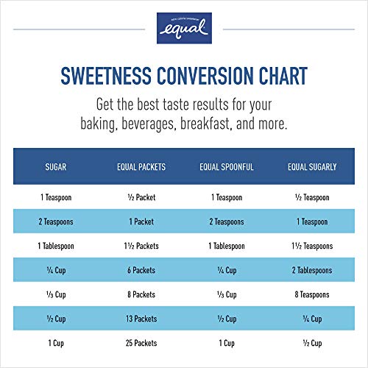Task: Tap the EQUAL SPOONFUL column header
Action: pyautogui.click(x=226, y=167)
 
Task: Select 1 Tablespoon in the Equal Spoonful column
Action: pyautogui.click(x=226, y=246)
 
